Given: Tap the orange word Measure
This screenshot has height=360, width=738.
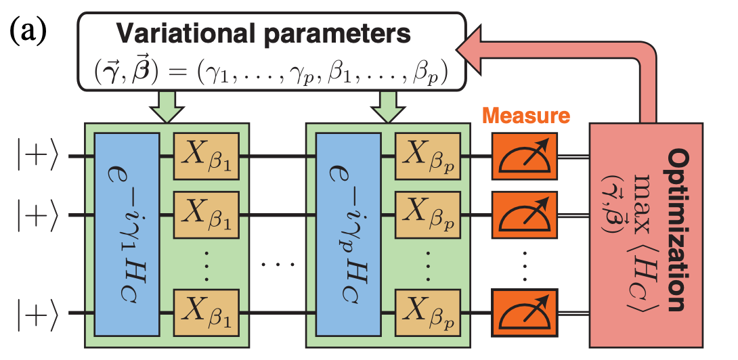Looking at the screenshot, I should point(531,116).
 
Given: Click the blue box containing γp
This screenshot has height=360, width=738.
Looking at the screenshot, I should point(349,234).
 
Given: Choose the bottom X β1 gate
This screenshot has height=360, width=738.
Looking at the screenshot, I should point(207,312).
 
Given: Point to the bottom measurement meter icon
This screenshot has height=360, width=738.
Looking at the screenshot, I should point(525,312).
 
